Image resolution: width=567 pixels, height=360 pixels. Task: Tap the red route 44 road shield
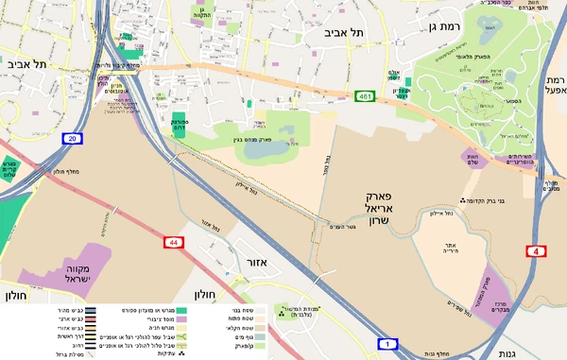point(175,243)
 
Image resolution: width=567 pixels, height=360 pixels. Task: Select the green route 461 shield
point(366,95)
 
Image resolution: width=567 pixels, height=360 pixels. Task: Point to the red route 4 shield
point(535,251)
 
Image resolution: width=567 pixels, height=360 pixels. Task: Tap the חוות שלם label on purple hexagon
point(472,159)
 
